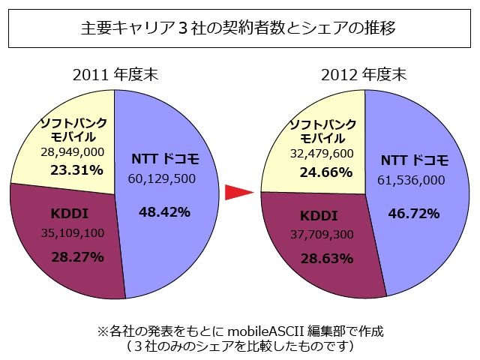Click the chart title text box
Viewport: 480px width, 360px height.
[x=239, y=29]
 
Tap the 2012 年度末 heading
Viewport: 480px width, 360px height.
[x=363, y=75]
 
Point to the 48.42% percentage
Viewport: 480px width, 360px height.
[x=164, y=212]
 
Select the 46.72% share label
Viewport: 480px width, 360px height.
[x=414, y=214]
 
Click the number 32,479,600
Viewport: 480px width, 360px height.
[x=322, y=154]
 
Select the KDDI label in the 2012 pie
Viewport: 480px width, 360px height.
[x=317, y=216]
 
